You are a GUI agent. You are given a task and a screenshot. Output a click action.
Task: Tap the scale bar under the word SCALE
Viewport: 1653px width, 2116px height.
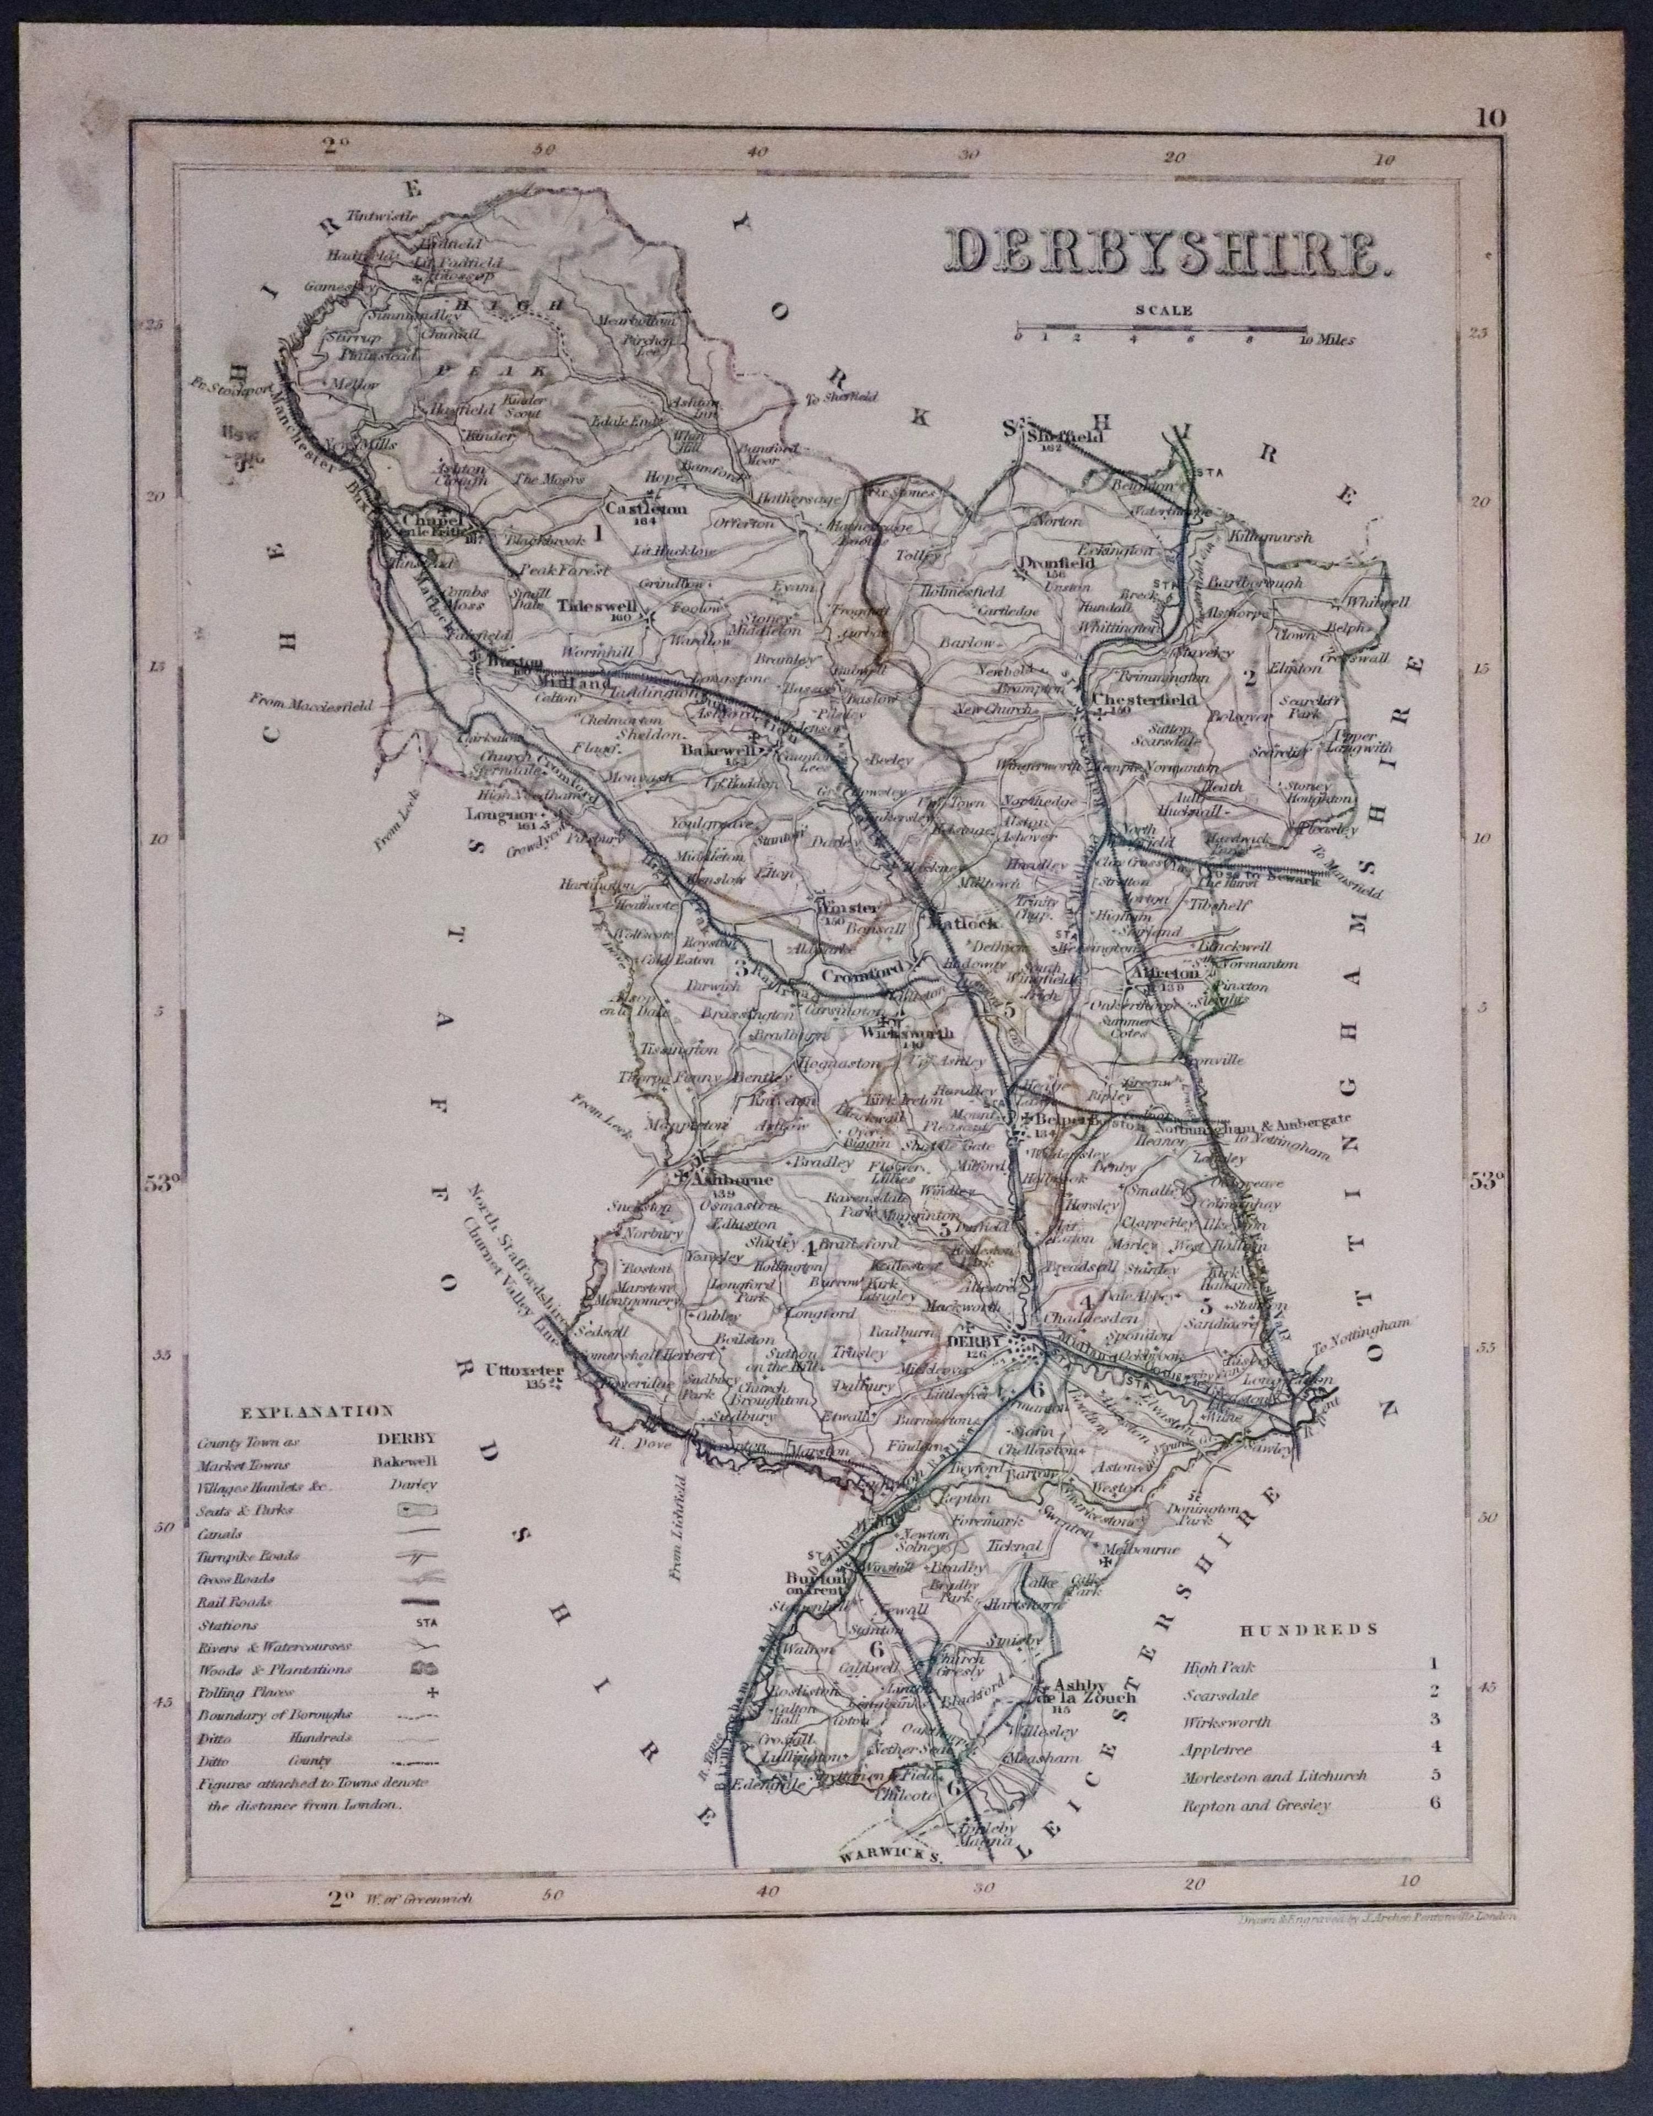click(x=1160, y=331)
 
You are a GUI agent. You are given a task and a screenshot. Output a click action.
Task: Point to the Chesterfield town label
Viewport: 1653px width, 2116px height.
click(x=1143, y=700)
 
